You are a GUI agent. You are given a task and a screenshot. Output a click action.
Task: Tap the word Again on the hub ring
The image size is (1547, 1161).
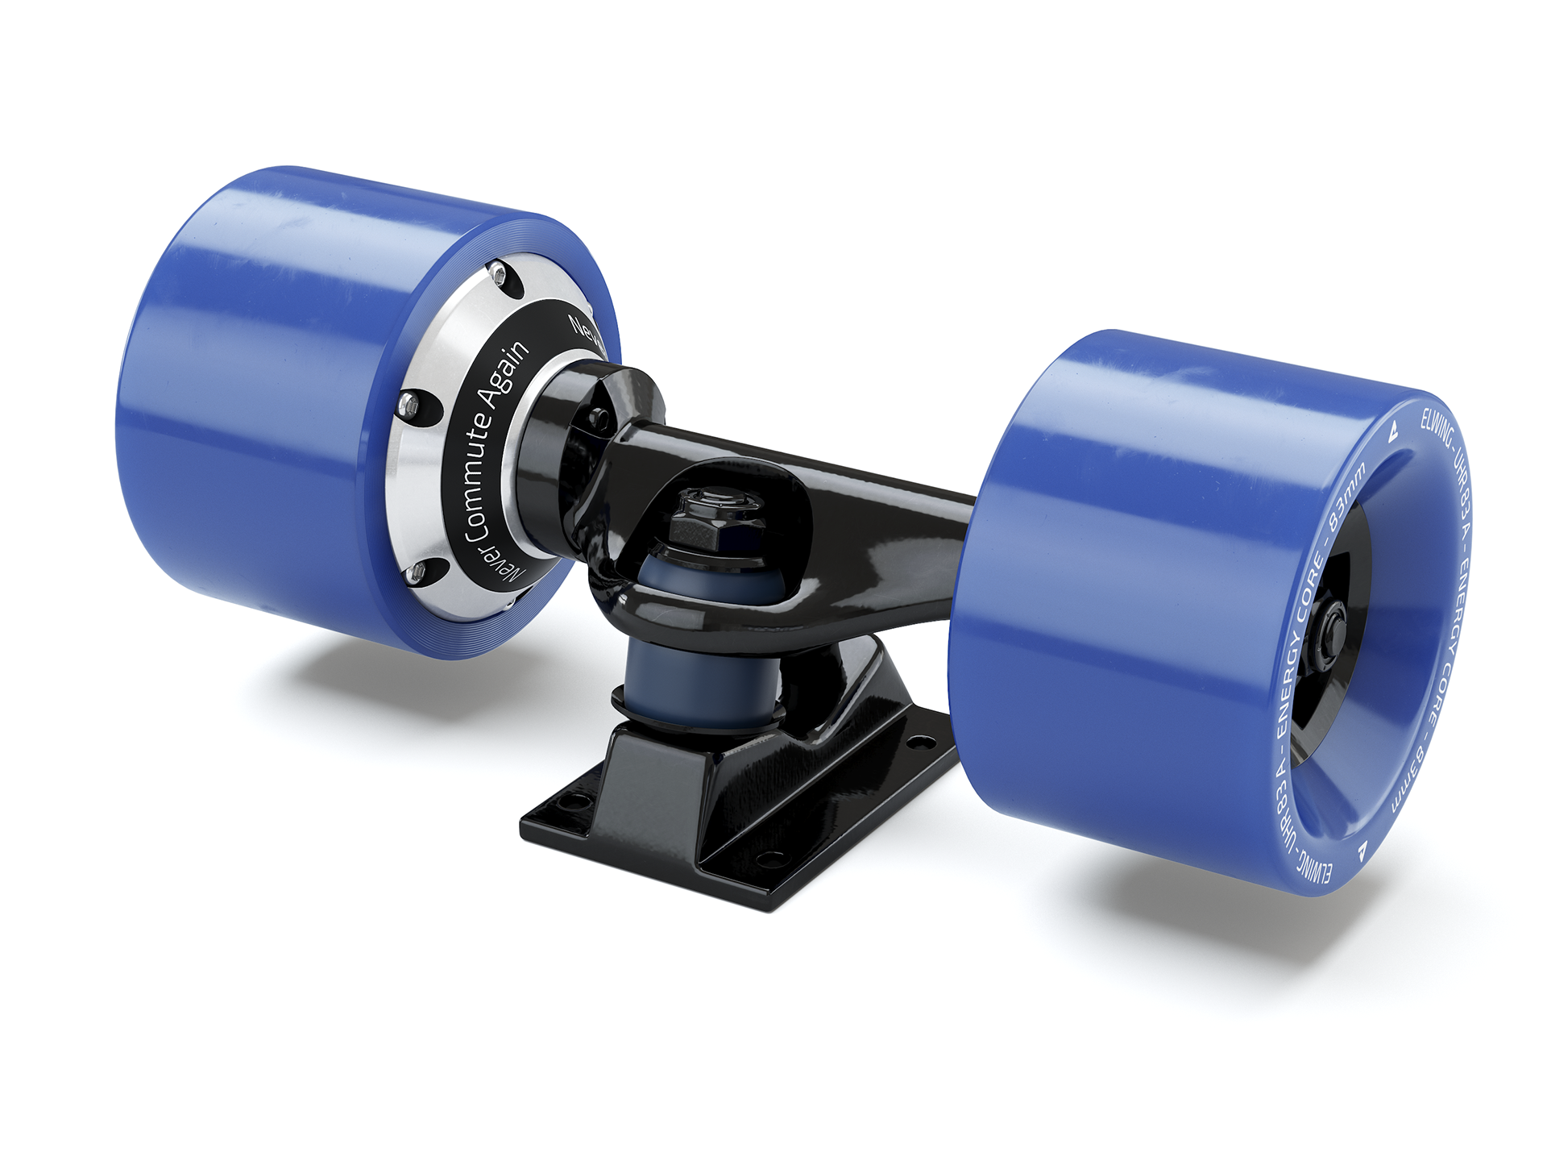506,372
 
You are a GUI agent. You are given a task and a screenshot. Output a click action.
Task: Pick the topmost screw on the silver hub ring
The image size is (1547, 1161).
500,275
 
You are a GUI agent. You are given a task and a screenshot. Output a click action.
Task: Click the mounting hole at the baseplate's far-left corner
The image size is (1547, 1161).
575,802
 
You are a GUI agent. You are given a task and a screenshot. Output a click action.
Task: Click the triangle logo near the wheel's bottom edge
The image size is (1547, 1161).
1362,849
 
